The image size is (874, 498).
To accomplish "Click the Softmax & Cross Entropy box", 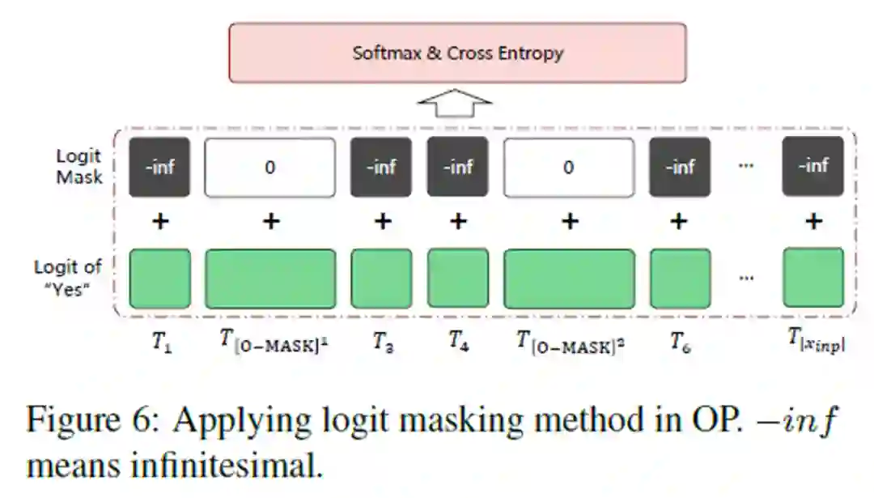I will tap(457, 53).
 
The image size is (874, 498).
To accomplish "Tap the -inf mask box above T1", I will tap(160, 167).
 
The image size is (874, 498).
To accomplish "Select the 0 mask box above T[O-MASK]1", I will tap(269, 167).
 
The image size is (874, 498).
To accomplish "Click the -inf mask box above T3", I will tap(381, 167).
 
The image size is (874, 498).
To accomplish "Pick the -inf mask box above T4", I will tap(458, 167).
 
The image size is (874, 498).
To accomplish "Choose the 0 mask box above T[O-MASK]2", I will tap(569, 167).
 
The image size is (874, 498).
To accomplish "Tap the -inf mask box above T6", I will tap(681, 167).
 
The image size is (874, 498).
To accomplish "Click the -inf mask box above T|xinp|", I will tap(813, 167).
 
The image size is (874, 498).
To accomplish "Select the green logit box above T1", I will tap(160, 278).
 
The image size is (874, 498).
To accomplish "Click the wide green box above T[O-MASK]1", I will tap(269, 278).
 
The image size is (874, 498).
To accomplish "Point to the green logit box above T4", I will tap(458, 278).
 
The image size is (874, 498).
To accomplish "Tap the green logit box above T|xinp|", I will tap(813, 278).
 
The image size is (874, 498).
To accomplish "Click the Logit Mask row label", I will tap(79, 166).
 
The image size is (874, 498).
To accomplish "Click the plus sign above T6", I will tap(680, 220).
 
